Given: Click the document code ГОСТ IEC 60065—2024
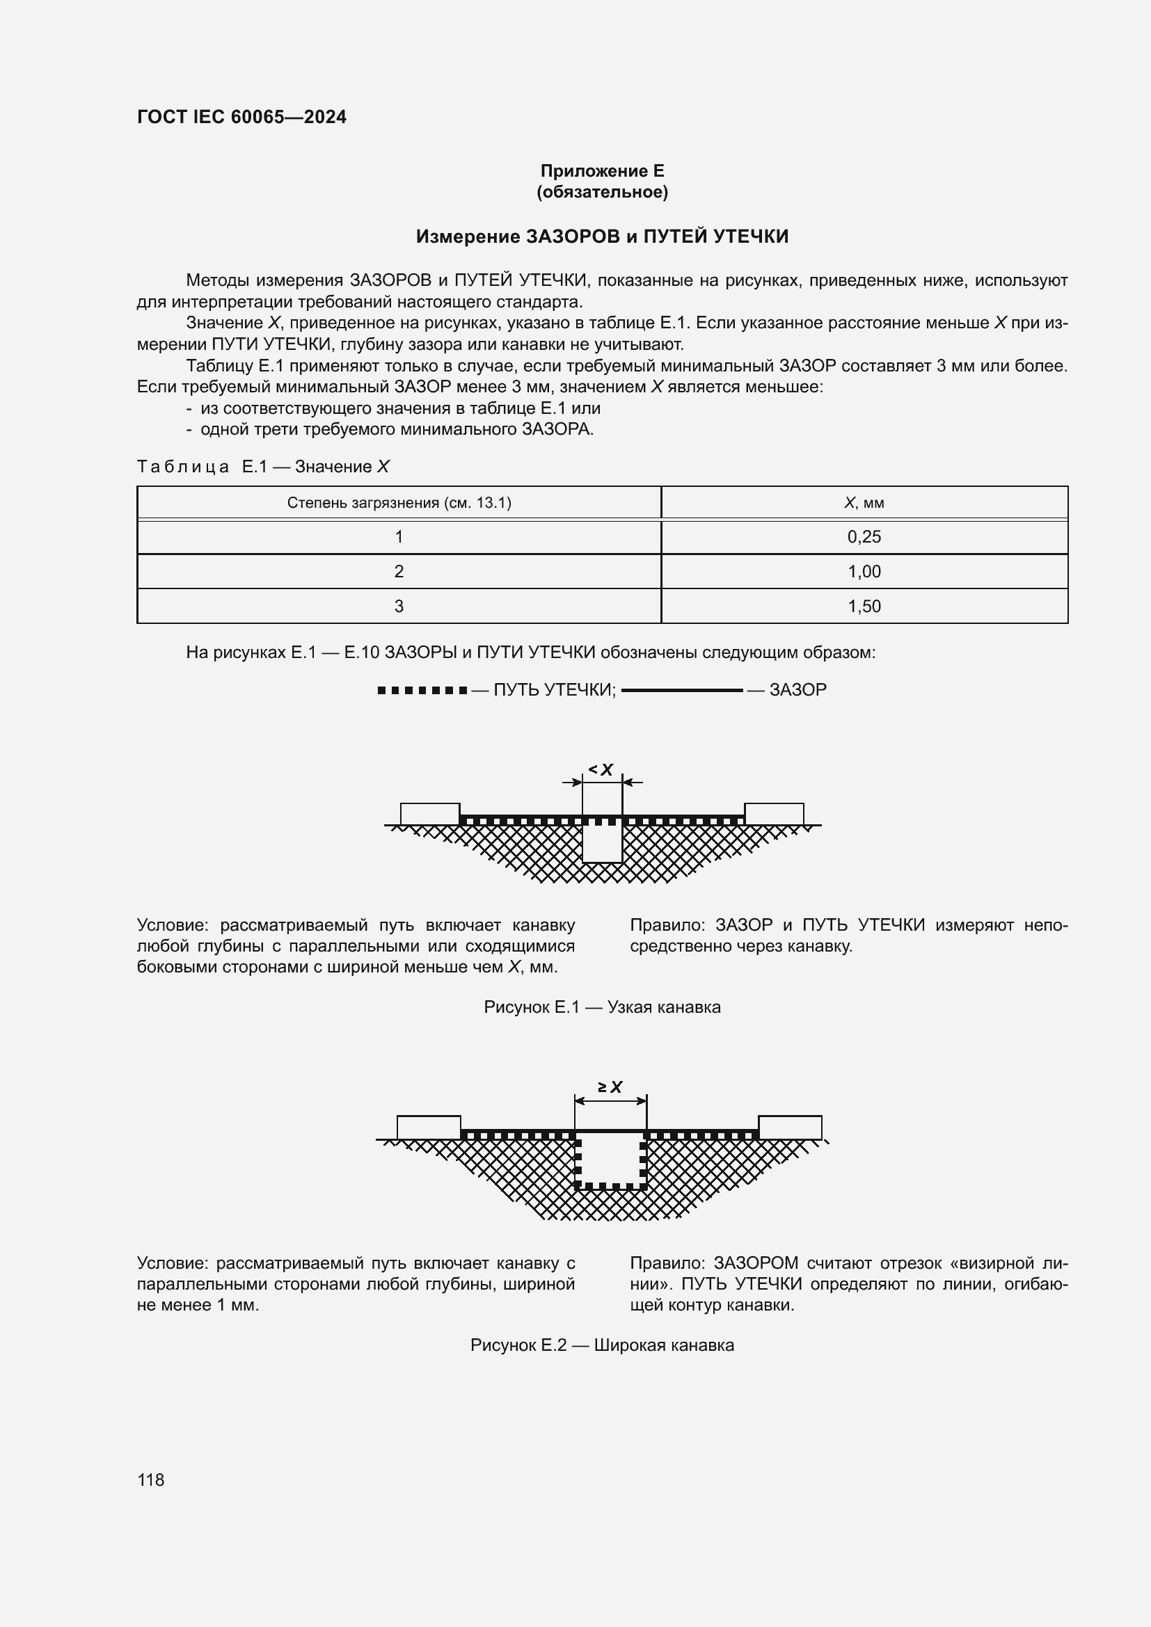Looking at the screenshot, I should pyautogui.click(x=241, y=117).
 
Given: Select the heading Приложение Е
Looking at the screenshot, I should pyautogui.click(x=602, y=171).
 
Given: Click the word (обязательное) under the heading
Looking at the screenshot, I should pyautogui.click(x=602, y=192).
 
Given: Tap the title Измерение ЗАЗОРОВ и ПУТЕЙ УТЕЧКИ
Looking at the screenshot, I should pyautogui.click(x=602, y=236).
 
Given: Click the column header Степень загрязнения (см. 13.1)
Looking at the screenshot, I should pyautogui.click(x=399, y=503).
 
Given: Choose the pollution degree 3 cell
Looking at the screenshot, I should pyautogui.click(x=399, y=607).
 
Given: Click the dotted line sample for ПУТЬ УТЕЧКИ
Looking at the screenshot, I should pyautogui.click(x=422, y=690).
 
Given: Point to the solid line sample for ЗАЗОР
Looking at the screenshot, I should pyautogui.click(x=682, y=690).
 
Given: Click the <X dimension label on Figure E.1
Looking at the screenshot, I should pyautogui.click(x=601, y=769).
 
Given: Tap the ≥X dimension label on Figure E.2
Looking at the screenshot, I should pyautogui.click(x=610, y=1087).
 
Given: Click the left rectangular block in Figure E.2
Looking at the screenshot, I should pyautogui.click(x=428, y=1128).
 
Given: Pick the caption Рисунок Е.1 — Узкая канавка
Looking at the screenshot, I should pyautogui.click(x=602, y=1007).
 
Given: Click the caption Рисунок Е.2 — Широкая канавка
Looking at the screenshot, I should pyautogui.click(x=602, y=1345).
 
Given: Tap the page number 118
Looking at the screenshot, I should pyautogui.click(x=151, y=1480).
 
